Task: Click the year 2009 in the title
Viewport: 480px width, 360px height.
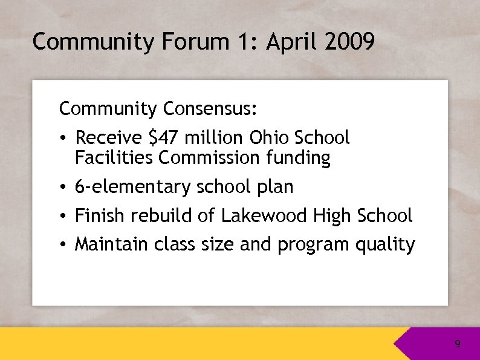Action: (x=349, y=42)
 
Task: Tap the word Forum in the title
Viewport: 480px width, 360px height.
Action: (x=193, y=42)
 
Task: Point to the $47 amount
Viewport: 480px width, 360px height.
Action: (x=162, y=138)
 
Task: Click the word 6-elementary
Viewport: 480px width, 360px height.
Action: (x=132, y=188)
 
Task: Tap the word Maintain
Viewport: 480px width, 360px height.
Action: (x=111, y=244)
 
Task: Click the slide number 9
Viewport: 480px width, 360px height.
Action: (x=458, y=344)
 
